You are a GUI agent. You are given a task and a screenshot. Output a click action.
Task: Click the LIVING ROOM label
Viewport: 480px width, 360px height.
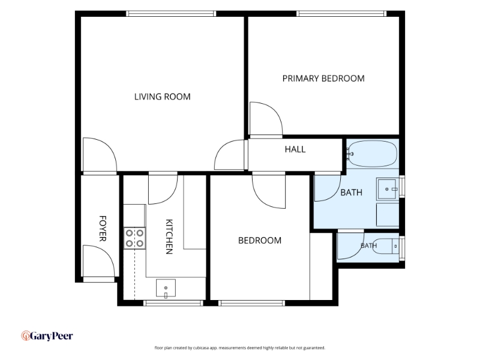[162, 97]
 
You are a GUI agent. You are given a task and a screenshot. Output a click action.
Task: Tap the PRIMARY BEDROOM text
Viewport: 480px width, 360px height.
[323, 79]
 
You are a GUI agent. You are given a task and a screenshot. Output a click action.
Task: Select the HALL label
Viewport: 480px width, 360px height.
[295, 149]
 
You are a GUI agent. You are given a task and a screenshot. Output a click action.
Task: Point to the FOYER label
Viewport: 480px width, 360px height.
[103, 229]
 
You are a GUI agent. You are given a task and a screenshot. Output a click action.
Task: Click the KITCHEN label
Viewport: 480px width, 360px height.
[169, 236]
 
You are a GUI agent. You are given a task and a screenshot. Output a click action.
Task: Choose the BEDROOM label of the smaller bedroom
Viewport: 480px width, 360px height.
[260, 241]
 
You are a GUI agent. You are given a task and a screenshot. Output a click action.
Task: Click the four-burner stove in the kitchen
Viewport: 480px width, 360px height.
[134, 238]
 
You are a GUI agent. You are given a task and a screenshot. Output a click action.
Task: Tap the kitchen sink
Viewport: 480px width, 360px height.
[166, 288]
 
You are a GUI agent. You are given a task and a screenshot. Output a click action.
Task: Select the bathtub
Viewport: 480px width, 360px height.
[371, 154]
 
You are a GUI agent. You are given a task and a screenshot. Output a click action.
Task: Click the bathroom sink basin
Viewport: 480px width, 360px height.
[387, 189]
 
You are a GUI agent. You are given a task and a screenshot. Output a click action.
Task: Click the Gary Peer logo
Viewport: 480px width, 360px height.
[47, 336]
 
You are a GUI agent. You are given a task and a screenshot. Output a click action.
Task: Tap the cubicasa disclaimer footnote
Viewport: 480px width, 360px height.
[239, 348]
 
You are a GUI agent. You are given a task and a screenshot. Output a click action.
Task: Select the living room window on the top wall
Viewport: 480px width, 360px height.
[171, 13]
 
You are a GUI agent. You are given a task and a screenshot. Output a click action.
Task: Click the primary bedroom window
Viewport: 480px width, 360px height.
[341, 13]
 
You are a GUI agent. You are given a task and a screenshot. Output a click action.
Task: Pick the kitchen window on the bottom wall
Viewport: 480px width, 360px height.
[173, 303]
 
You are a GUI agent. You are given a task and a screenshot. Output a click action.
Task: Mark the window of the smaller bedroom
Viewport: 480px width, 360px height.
[251, 303]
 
